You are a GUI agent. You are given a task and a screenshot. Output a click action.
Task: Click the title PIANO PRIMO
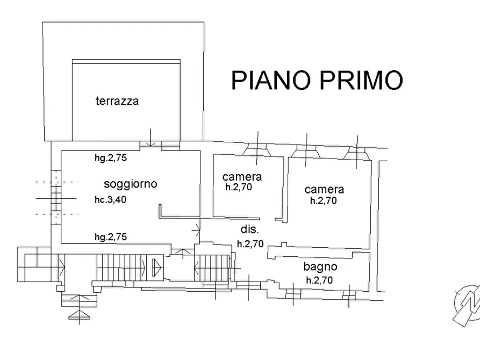[317, 80]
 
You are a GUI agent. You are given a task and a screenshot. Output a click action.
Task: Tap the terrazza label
[117, 100]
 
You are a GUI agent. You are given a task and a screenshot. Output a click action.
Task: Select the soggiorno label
[130, 184]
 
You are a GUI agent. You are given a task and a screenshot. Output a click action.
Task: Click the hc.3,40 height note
[110, 200]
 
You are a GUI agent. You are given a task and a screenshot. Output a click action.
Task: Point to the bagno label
[320, 267]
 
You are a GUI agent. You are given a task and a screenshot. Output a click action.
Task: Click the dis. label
[249, 229]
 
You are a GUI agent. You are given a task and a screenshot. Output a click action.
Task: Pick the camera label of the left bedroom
[242, 176]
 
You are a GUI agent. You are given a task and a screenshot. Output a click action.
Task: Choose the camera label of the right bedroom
[324, 189]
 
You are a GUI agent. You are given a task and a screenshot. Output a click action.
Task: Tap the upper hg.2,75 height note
[110, 158]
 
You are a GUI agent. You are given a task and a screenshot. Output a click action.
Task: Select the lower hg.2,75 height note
[110, 236]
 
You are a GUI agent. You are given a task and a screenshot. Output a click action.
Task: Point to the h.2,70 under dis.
[250, 243]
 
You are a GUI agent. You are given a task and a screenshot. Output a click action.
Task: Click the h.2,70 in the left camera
[239, 188]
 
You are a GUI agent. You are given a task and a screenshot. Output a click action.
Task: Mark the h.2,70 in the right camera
[324, 201]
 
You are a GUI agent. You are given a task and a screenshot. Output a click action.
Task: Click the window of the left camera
[256, 151]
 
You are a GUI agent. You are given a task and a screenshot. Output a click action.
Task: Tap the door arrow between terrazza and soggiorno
[150, 141]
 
